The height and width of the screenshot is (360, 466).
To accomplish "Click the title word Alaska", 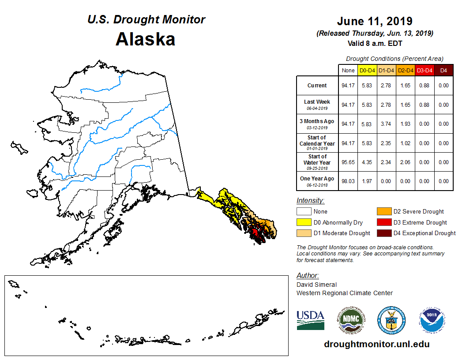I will pyautogui.click(x=145, y=39).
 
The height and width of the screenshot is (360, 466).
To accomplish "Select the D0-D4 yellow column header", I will pyautogui.click(x=367, y=70).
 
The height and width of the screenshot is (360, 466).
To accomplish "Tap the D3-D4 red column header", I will pyautogui.click(x=425, y=70).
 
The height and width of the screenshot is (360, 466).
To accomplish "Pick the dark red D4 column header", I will pyautogui.click(x=443, y=70).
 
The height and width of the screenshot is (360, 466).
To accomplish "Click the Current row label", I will pyautogui.click(x=317, y=86).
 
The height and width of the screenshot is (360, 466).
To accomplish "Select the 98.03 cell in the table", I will pyautogui.click(x=348, y=181).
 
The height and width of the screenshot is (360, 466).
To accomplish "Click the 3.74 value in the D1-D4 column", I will pyautogui.click(x=387, y=124).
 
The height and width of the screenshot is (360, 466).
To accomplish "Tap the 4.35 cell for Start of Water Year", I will pyautogui.click(x=367, y=162).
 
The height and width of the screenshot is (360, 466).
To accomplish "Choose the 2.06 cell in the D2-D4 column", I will pyautogui.click(x=406, y=162).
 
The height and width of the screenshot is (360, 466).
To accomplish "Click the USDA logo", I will pyautogui.click(x=310, y=320).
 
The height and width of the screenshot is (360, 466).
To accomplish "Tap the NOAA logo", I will pyautogui.click(x=432, y=320).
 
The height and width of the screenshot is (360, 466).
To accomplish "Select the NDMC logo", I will pyautogui.click(x=351, y=320).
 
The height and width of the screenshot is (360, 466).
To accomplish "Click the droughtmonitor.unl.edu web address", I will pyautogui.click(x=376, y=344).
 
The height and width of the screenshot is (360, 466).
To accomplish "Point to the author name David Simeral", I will pyautogui.click(x=316, y=285).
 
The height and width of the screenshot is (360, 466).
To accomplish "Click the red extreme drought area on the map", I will pyautogui.click(x=255, y=232).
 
